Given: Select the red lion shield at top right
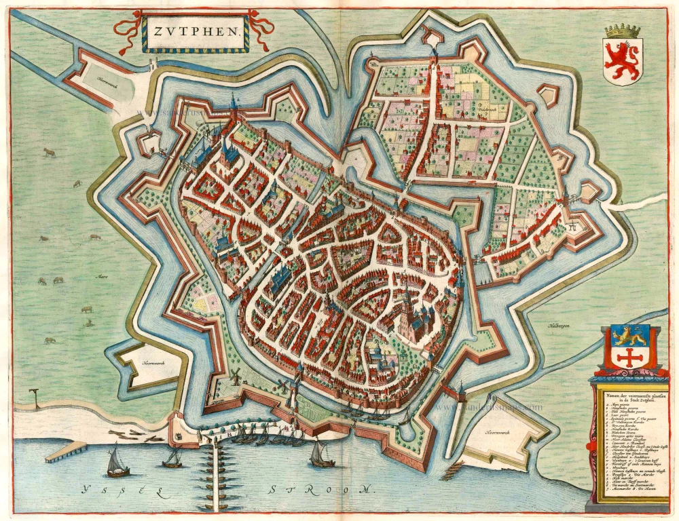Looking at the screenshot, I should pyautogui.click(x=623, y=61).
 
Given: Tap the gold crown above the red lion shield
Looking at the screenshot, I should pyautogui.click(x=623, y=31).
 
